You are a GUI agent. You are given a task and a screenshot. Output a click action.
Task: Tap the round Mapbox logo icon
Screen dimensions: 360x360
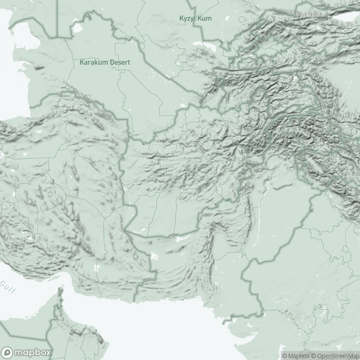tap(8, 352)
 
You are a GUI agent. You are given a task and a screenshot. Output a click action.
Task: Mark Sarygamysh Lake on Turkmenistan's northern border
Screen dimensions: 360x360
tap(78, 28)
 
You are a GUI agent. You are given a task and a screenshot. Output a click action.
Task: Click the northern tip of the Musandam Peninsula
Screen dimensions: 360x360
tap(59, 289)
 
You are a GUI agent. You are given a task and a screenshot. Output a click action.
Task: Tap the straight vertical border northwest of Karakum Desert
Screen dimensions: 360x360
tap(57, 18)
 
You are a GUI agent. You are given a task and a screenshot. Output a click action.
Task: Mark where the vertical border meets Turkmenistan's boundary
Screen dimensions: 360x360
tap(57, 37)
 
